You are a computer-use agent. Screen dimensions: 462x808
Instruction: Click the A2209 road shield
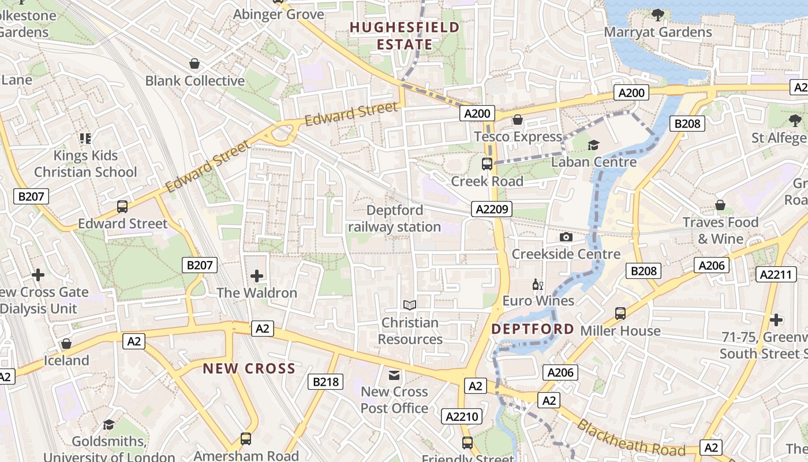pos(492,209)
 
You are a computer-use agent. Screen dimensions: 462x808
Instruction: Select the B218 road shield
pos(326,381)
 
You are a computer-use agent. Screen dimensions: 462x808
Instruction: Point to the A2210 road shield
pos(462,416)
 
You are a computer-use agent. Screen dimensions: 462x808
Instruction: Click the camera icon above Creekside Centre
pos(566,237)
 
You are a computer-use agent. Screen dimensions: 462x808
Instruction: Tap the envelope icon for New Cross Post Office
pos(394,375)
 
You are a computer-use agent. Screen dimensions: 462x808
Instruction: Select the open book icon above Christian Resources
pos(410,305)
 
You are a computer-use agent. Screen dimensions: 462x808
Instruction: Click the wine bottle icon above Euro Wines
pos(538,284)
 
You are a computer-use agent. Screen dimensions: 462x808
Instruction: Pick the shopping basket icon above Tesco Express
pos(518,120)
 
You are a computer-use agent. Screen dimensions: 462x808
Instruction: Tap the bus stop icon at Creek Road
pos(487,164)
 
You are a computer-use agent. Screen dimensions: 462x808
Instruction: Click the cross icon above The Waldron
pos(257,276)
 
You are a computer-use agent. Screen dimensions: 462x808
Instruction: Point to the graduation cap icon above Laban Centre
pos(593,145)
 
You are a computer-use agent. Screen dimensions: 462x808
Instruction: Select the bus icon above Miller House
pos(620,314)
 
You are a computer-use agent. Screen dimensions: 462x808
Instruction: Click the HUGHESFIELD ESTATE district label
pos(405,36)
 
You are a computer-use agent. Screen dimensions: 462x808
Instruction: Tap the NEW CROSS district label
pos(249,368)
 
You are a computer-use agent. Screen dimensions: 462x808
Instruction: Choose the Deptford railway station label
pos(394,218)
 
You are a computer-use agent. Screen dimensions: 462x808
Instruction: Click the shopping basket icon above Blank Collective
pos(194,64)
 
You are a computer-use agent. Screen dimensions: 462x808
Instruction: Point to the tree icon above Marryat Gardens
pos(657,14)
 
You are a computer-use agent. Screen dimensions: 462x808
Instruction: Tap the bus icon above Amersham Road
pos(246,439)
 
